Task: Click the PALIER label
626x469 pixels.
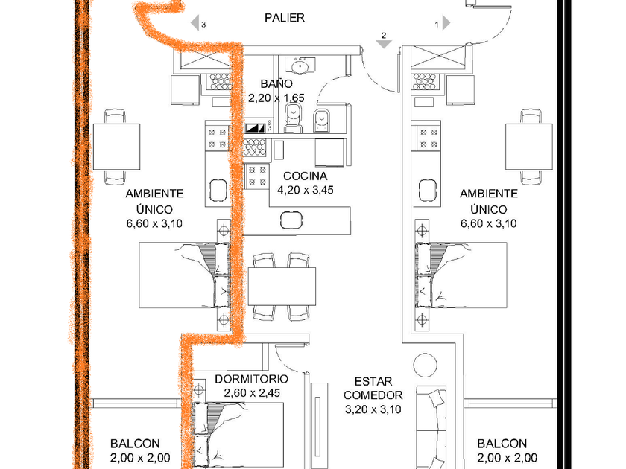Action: tap(285, 18)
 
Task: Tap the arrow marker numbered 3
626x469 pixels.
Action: tap(197, 23)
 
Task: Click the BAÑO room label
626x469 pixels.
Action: tap(277, 84)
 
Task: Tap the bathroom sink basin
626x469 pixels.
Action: tap(302, 67)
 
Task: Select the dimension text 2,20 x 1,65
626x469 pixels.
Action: tap(277, 98)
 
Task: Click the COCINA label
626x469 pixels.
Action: tap(305, 176)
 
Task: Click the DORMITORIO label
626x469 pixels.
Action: tap(251, 379)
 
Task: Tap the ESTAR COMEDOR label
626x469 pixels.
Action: tap(373, 387)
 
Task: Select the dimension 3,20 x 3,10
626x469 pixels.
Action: tap(373, 409)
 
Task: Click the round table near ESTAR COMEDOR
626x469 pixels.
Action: tap(426, 366)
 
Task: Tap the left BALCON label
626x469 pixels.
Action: tap(140, 443)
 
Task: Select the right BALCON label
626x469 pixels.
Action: tap(502, 443)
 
